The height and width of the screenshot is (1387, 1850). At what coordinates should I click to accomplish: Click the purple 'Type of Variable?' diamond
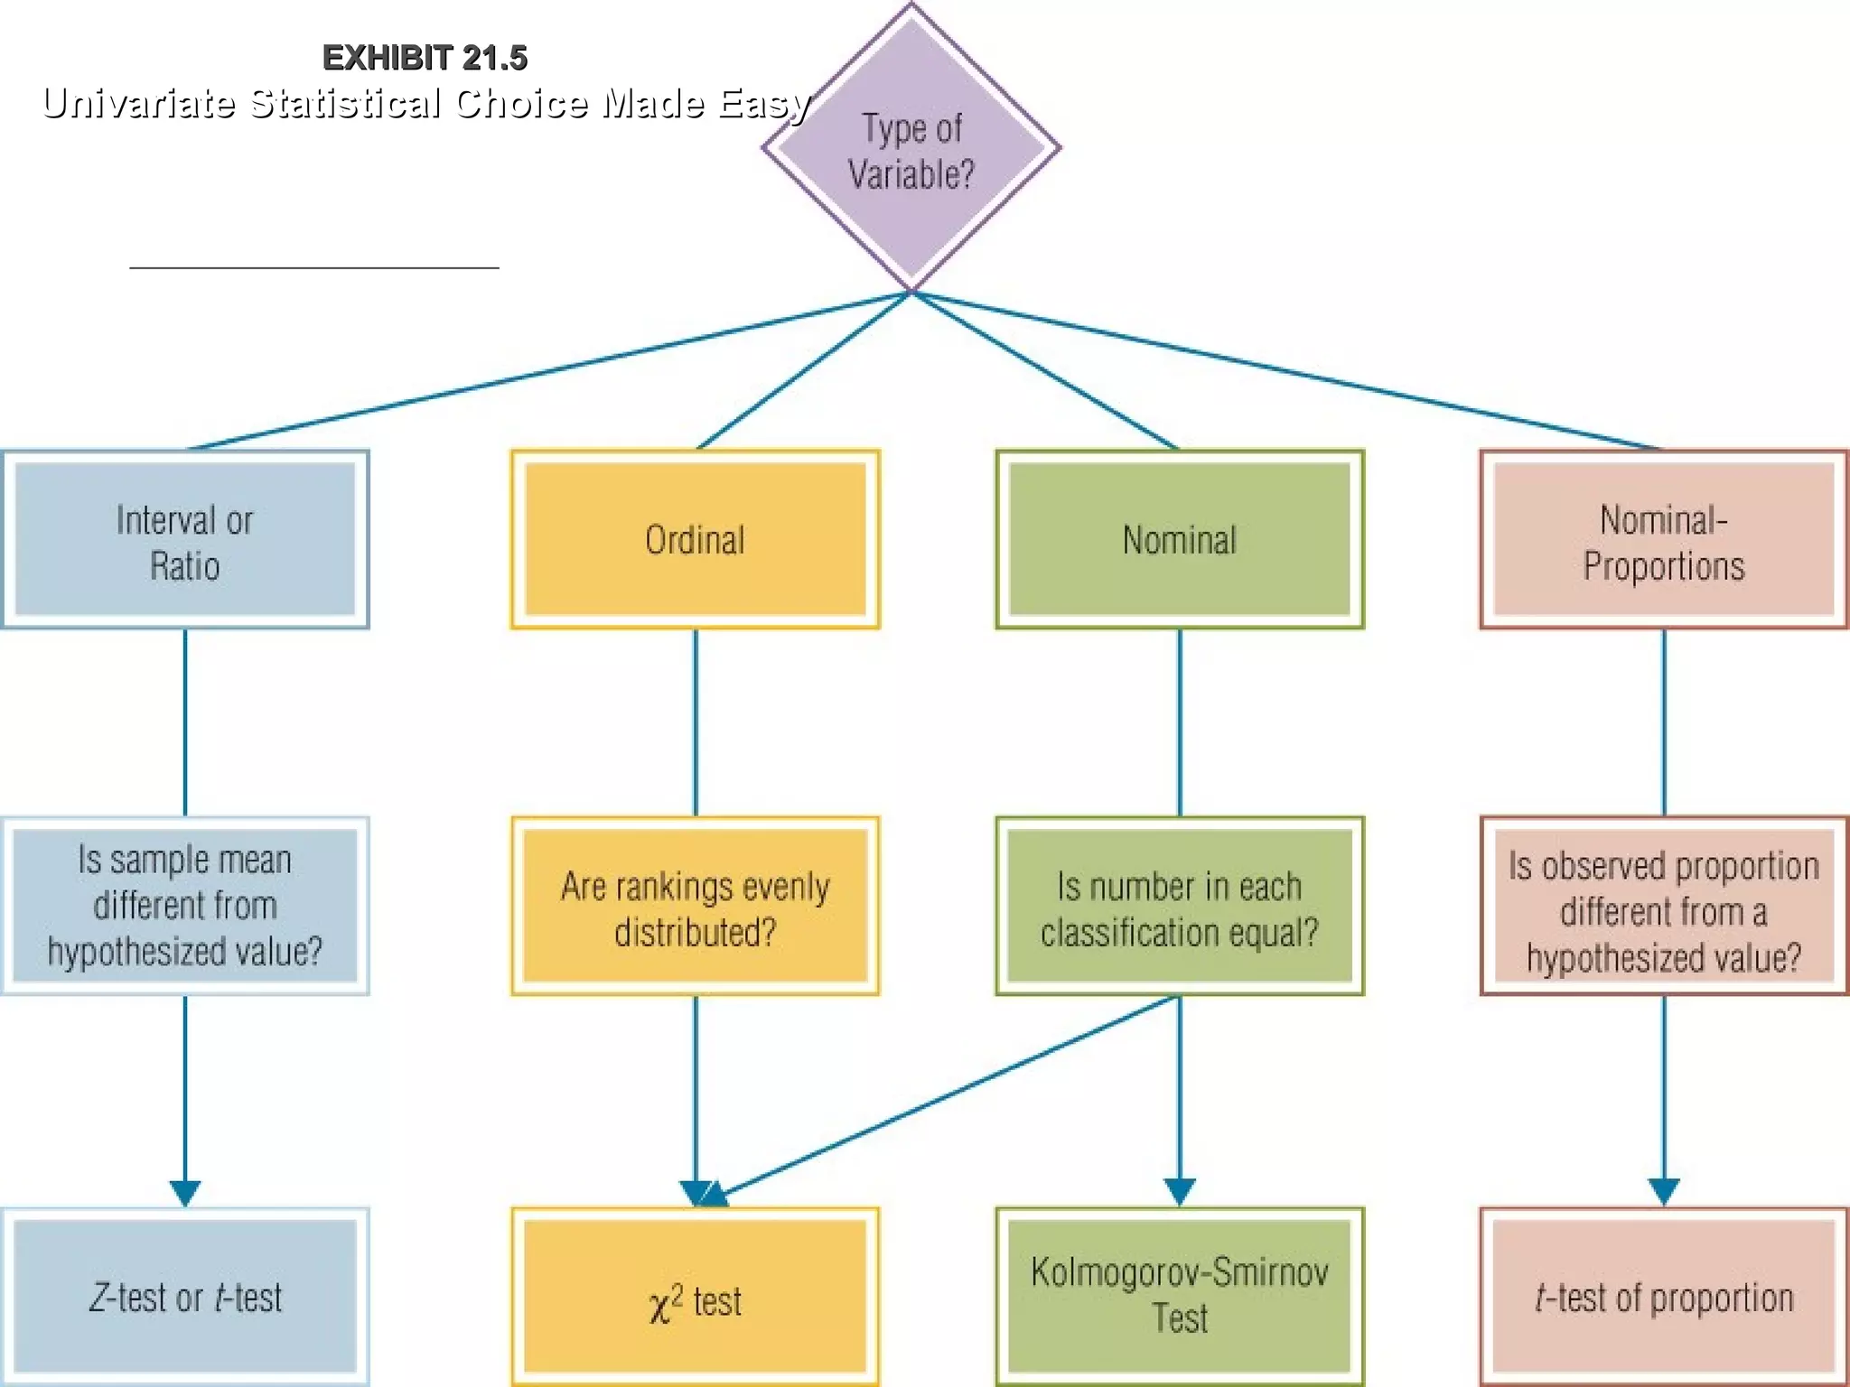911,150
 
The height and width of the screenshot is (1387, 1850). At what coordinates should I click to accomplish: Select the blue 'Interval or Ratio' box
185,540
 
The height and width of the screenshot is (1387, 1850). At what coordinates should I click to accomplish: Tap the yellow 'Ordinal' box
695,540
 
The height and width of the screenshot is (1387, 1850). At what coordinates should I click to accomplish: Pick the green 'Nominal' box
1179,540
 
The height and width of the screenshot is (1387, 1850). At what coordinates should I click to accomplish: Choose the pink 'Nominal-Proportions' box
1663,540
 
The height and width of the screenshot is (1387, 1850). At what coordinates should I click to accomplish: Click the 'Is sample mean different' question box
185,906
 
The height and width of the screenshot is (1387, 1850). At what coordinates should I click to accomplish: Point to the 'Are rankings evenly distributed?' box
695,906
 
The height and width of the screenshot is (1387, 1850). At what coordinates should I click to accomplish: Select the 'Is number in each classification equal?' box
1179,906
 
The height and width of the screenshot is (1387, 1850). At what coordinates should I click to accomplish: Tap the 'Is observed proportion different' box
1663,906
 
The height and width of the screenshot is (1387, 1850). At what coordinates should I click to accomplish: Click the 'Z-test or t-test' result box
185,1297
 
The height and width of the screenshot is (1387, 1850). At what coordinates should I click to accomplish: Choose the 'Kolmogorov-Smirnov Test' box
1179,1297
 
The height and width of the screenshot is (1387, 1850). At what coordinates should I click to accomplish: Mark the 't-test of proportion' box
1663,1297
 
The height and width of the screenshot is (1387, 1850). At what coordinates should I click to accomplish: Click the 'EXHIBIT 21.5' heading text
425,58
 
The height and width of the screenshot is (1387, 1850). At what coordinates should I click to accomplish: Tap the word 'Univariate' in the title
138,103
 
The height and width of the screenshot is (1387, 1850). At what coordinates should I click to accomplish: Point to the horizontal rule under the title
313,267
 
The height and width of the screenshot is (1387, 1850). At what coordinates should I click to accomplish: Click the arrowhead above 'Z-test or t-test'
185,1192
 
